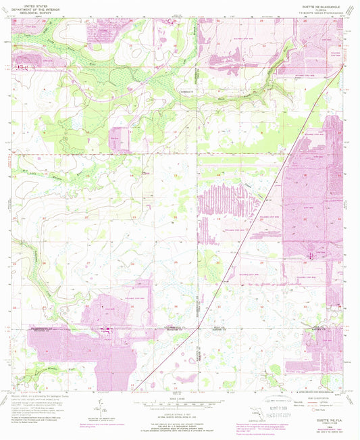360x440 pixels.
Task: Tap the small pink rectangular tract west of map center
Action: (x=119, y=135)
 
